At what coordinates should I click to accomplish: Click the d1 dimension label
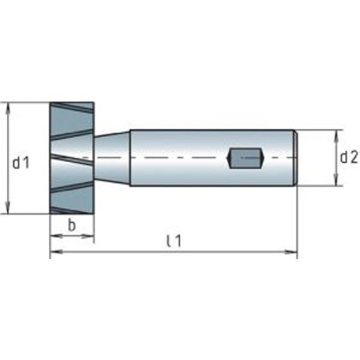click(21, 163)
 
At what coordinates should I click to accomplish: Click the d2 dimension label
click(348, 157)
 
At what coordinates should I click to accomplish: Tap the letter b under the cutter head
click(72, 225)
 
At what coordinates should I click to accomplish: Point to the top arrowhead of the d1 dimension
click(8, 108)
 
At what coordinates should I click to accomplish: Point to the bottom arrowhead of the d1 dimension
click(8, 208)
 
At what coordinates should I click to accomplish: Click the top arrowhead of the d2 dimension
click(336, 136)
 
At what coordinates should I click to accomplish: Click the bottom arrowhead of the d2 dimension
click(336, 180)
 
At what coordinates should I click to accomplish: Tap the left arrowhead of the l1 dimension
click(56, 252)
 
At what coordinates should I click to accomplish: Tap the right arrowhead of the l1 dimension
click(291, 252)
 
